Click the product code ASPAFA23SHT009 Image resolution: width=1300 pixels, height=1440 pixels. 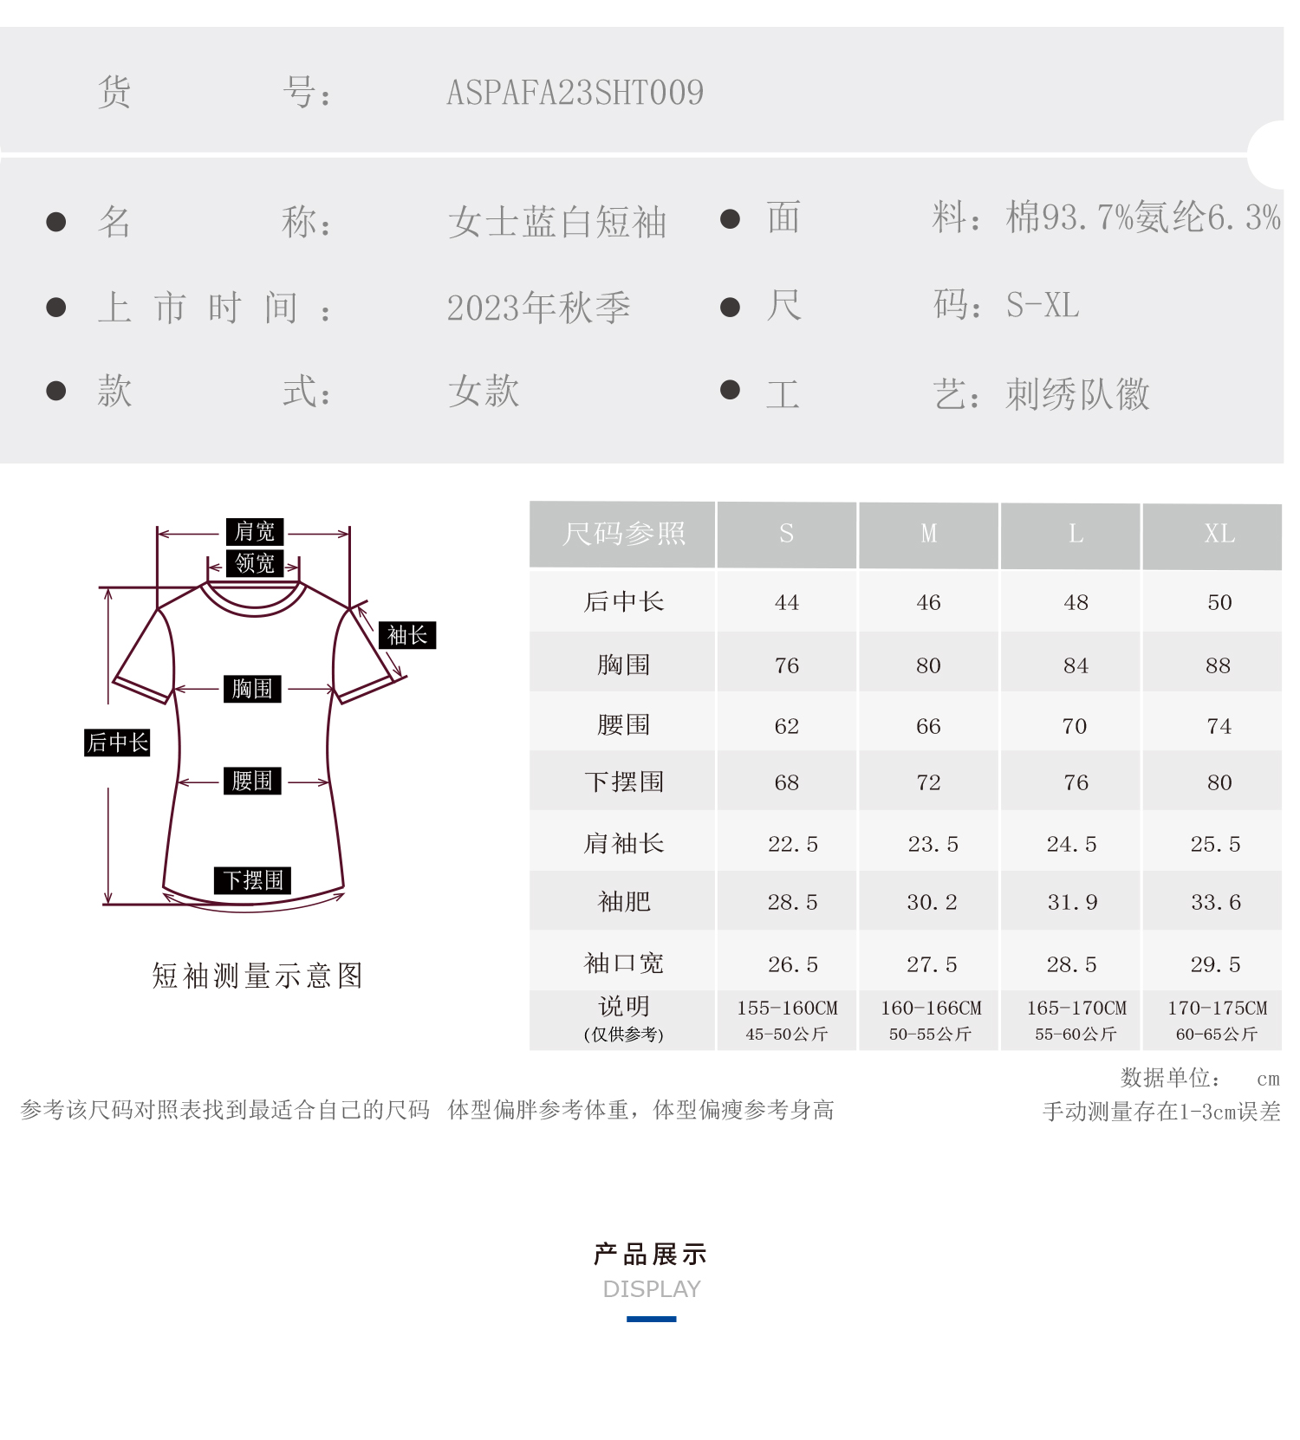click(575, 93)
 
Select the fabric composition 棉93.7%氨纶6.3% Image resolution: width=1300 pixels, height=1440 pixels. click(1142, 217)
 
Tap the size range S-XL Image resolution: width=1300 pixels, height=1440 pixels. click(1042, 305)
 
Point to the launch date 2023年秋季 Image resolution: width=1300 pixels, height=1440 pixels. click(538, 308)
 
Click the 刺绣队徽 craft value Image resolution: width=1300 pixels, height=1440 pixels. click(1076, 394)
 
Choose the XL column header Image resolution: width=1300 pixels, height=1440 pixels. click(1219, 534)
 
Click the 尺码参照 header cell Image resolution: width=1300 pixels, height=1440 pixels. click(623, 534)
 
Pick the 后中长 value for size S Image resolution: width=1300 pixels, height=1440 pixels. click(786, 602)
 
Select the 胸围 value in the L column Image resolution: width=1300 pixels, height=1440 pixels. click(1075, 665)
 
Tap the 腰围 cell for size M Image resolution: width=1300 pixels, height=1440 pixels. click(928, 726)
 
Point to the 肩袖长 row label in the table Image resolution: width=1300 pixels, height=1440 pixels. click(623, 843)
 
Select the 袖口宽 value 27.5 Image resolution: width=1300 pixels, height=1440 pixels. click(932, 964)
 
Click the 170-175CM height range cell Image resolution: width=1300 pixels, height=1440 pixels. click(1217, 1009)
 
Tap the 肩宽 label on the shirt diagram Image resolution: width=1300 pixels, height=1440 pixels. click(254, 531)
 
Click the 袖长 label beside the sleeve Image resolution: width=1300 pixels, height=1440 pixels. click(406, 635)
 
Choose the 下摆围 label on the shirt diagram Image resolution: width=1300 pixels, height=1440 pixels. click(252, 880)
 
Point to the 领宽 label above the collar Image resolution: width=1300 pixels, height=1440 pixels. click(254, 563)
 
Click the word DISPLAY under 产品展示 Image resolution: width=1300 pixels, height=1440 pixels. click(651, 1289)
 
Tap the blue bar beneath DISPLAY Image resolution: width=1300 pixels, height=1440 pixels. click(651, 1319)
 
